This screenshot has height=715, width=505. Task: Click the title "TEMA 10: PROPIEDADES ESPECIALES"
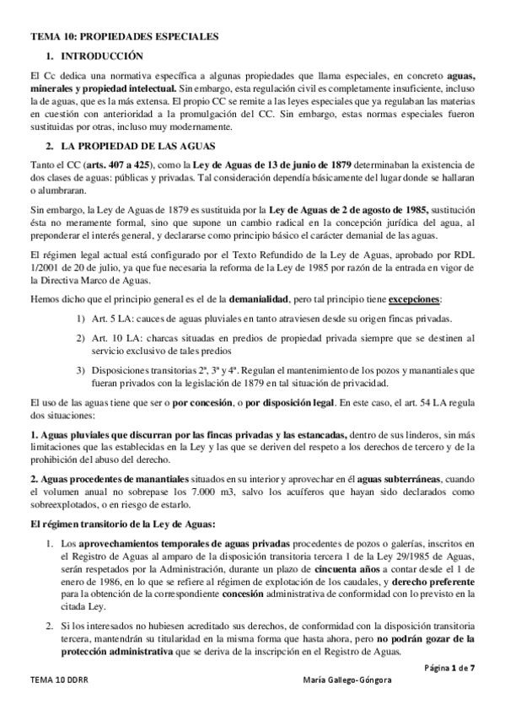tap(124, 37)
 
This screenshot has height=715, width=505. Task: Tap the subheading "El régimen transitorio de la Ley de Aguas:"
tap(115, 524)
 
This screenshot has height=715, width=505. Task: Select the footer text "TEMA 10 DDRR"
tap(57, 702)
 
